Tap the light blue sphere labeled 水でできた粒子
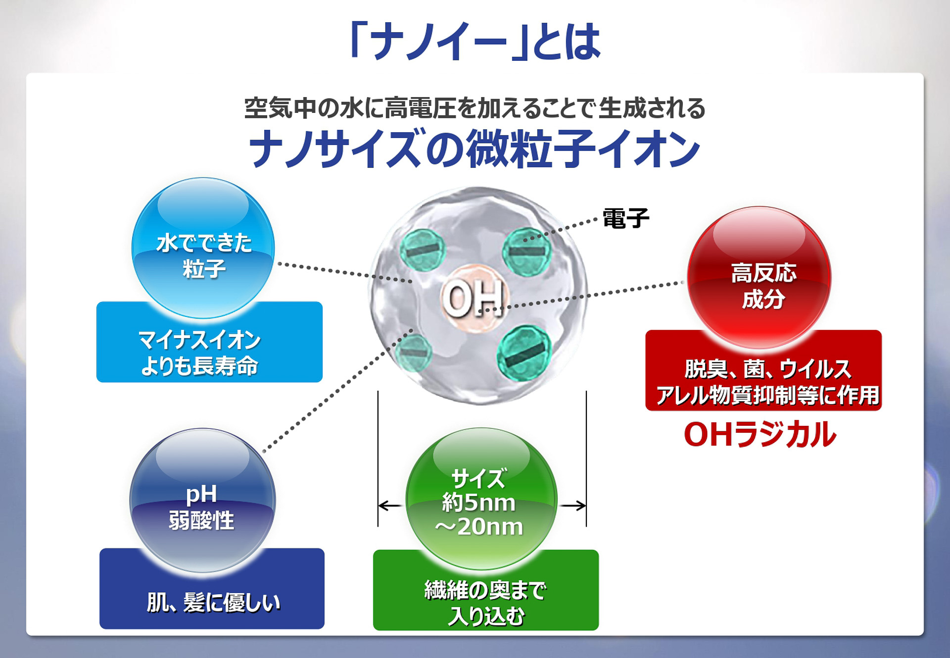click(203, 248)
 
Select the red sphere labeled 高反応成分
click(759, 277)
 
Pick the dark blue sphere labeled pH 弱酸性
click(202, 500)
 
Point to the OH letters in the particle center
click(473, 299)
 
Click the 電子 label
click(625, 218)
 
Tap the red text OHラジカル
click(760, 435)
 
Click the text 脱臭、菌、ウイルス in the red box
click(767, 369)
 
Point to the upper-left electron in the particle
click(423, 251)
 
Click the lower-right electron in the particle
click(524, 353)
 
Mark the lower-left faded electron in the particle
click(413, 353)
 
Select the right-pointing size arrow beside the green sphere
click(573, 506)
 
